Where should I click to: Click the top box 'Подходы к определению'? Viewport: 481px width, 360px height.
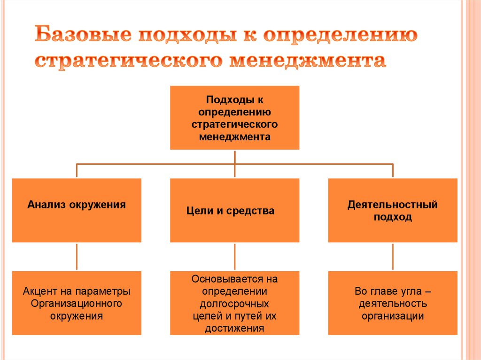pos(234,117)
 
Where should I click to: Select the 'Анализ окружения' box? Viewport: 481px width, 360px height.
pos(77,210)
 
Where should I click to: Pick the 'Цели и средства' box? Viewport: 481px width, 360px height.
pos(234,210)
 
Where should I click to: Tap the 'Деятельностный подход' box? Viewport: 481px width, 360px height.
pos(393,210)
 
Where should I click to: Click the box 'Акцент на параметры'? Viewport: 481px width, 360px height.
pos(77,303)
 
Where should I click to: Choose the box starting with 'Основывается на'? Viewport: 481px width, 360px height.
pos(234,303)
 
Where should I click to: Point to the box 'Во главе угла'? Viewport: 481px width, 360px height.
pos(393,303)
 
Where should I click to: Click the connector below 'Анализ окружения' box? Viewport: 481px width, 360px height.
pos(77,256)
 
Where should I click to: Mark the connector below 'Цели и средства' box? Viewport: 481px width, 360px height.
pos(234,256)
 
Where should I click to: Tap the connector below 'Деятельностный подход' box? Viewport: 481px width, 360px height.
pos(393,256)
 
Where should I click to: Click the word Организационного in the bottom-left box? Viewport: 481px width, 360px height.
pos(77,303)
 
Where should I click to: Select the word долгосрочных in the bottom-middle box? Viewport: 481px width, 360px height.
pos(234,304)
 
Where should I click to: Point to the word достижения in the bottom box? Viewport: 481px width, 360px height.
pos(234,328)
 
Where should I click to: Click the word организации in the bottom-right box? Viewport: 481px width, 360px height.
pos(393,316)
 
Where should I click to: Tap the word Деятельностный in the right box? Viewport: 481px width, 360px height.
pos(393,205)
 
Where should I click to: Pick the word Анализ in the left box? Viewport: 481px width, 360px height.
pos(47,205)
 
